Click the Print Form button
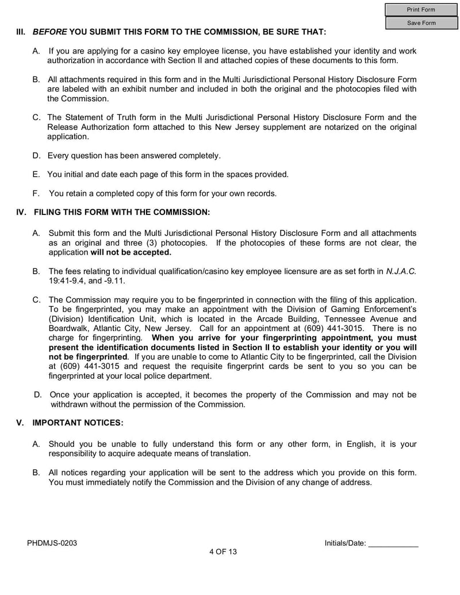tap(421, 10)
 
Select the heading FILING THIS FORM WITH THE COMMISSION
tap(122, 212)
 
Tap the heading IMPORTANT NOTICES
tap(78, 423)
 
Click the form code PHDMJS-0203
tap(52, 543)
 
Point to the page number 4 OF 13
tap(223, 551)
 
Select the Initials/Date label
tap(345, 543)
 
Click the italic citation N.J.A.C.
tap(401, 271)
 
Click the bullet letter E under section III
tap(36, 174)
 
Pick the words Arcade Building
tap(286, 319)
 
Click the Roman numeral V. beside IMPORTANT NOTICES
tap(20, 423)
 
